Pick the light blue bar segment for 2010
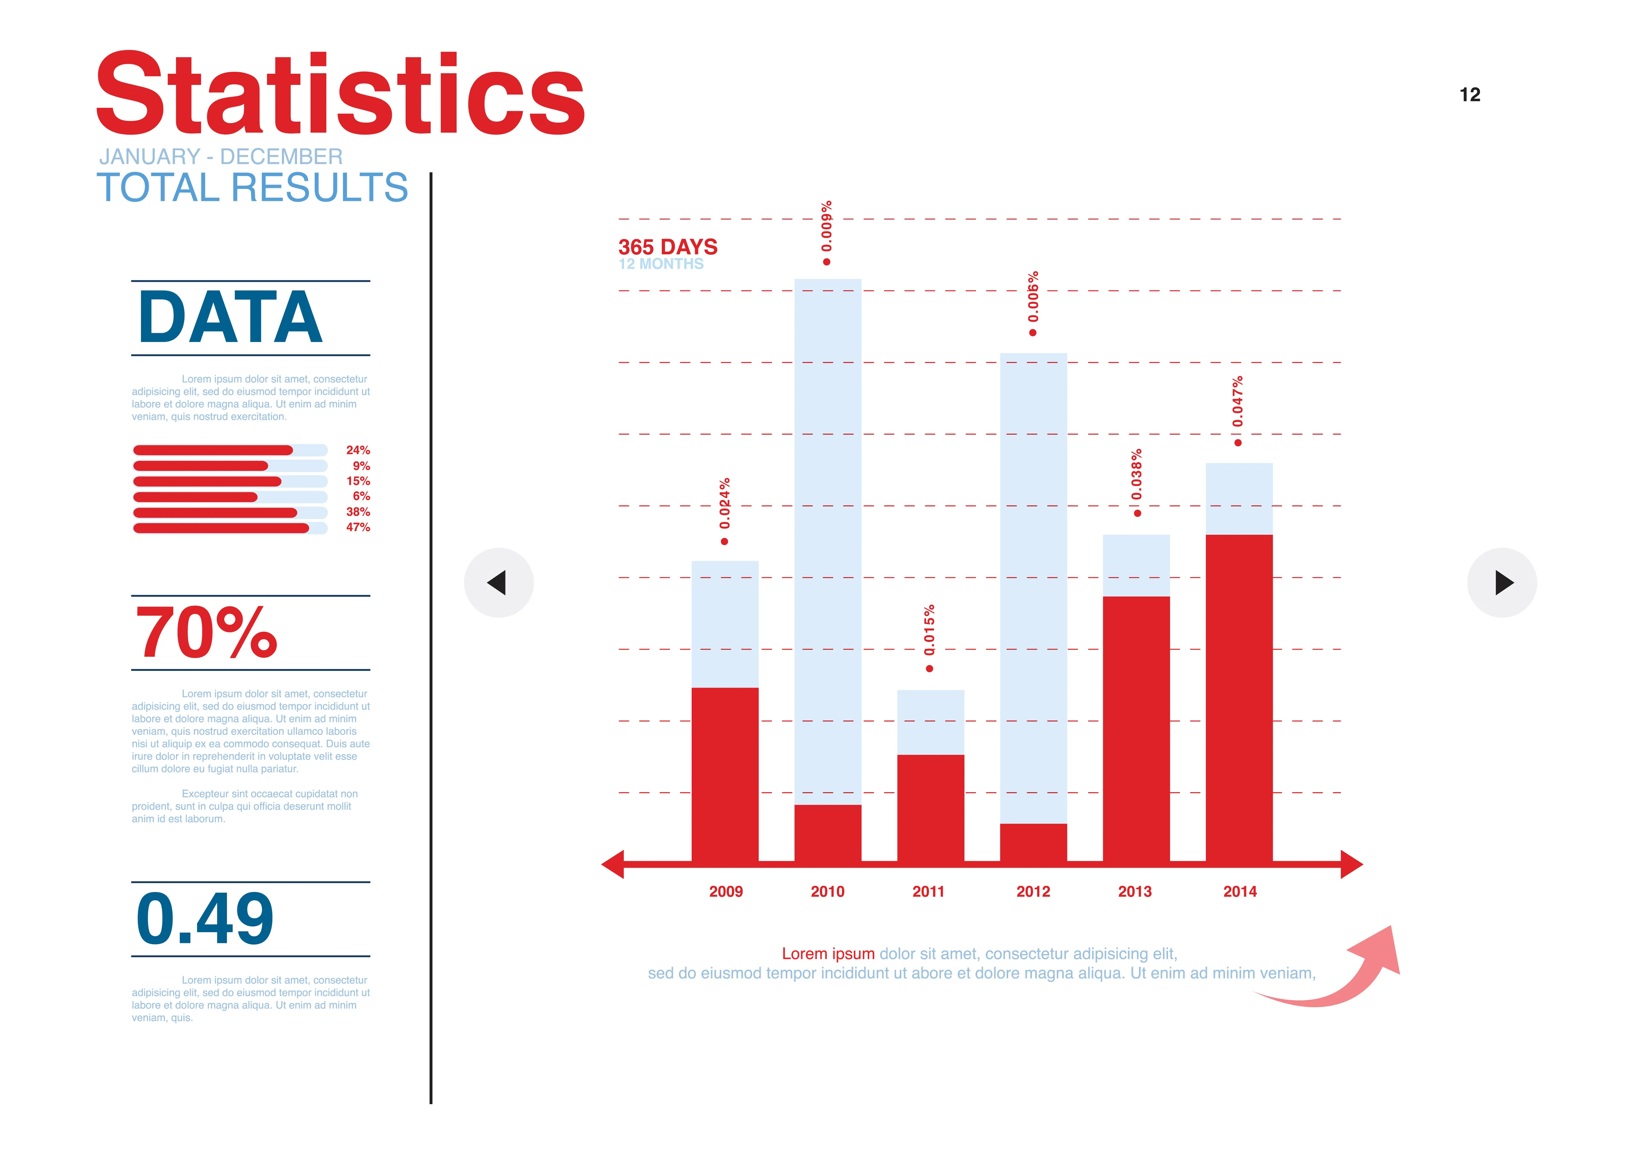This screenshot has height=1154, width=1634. (x=828, y=541)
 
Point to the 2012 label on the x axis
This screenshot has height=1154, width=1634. (x=1033, y=891)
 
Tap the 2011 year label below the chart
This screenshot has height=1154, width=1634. (x=928, y=891)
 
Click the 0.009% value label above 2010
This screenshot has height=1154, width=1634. (x=826, y=226)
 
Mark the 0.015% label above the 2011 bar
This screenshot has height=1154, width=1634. (x=929, y=630)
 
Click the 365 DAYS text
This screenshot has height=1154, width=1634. (x=668, y=247)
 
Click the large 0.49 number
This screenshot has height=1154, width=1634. (x=205, y=919)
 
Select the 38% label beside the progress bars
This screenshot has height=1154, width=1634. (x=358, y=512)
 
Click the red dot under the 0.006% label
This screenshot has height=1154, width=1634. (x=1033, y=333)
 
